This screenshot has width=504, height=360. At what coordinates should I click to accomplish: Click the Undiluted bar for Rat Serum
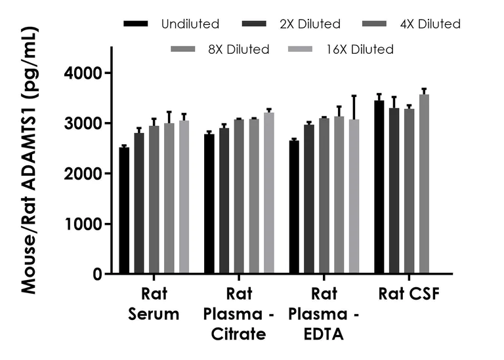[124, 210]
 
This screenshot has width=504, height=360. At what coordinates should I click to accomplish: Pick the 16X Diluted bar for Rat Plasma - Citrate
[268, 193]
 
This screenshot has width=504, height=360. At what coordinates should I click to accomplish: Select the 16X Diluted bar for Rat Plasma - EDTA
[354, 196]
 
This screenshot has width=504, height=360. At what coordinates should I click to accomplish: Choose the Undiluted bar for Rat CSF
[379, 187]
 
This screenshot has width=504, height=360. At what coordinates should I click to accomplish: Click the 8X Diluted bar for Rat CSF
[424, 184]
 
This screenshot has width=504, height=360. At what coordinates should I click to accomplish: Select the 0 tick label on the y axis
[97, 275]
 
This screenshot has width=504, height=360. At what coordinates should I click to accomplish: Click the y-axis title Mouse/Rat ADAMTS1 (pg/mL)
[29, 161]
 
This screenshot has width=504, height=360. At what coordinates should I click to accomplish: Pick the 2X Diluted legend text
[310, 24]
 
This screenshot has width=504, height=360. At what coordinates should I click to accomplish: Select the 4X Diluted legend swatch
[377, 24]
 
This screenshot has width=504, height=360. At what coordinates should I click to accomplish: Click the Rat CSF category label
[408, 295]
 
